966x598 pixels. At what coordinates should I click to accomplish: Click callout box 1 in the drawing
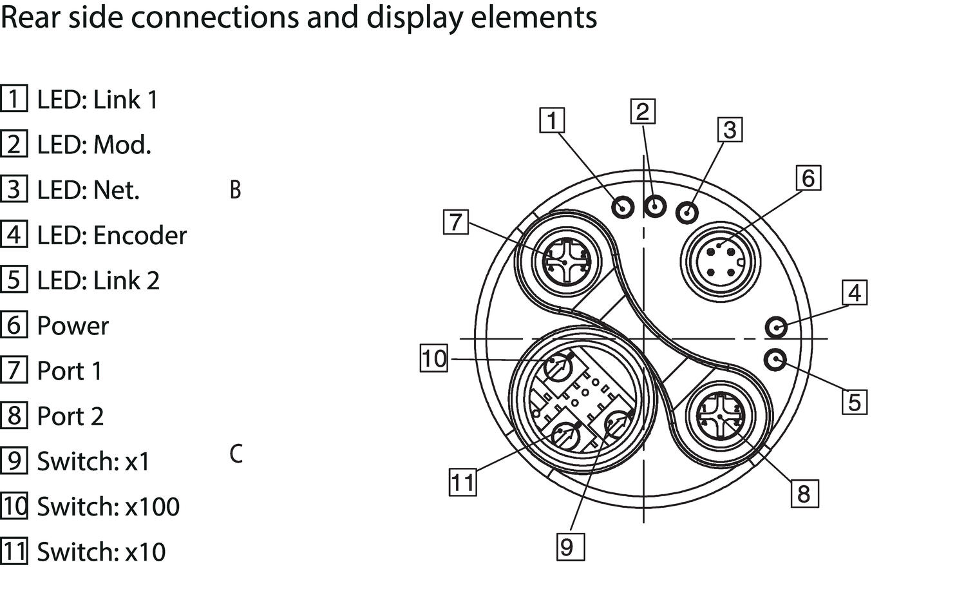[551, 121]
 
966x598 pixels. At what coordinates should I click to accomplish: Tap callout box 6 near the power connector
[808, 178]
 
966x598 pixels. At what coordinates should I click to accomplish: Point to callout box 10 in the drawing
[434, 358]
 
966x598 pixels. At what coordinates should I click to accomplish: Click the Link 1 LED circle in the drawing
[623, 207]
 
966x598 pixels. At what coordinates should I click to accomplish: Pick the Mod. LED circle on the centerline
[655, 207]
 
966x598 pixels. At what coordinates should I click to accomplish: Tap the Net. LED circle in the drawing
[688, 211]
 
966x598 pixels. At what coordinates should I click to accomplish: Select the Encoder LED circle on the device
[776, 327]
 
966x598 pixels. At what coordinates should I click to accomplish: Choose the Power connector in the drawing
[721, 261]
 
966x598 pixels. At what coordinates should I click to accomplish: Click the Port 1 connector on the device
[564, 262]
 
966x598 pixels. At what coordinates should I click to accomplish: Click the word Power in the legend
[73, 326]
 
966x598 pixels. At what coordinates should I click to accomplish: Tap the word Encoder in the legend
[140, 236]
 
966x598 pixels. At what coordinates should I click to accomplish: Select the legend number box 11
[14, 552]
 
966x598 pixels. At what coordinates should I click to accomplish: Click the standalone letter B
[235, 190]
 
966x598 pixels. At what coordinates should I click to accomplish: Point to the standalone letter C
[236, 454]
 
